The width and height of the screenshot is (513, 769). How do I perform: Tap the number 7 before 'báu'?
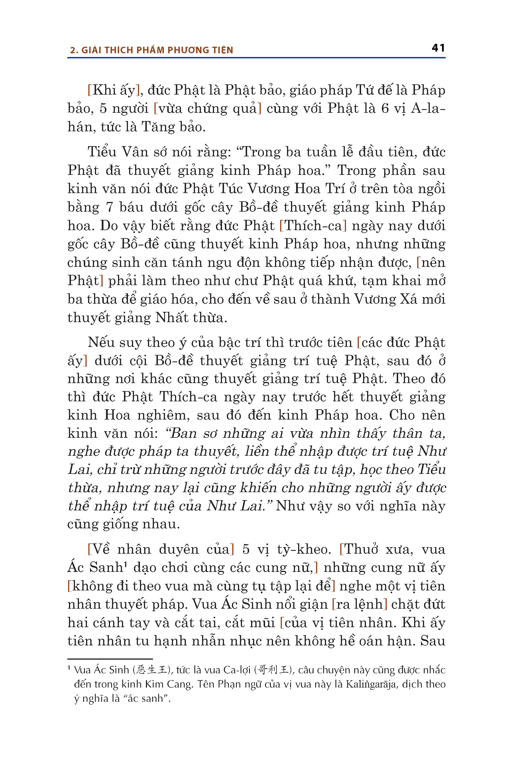(x=109, y=207)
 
